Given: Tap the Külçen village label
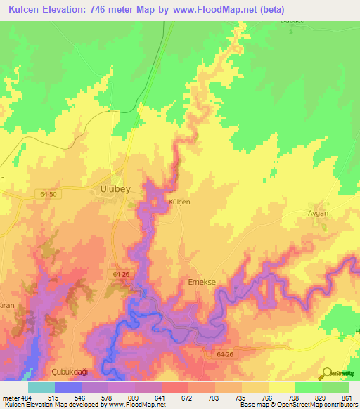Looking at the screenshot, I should pos(179,202).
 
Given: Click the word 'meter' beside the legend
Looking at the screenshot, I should pos(11,397).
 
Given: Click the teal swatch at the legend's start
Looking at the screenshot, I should pos(41,387).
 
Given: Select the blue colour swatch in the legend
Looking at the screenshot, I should pos(68,387).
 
